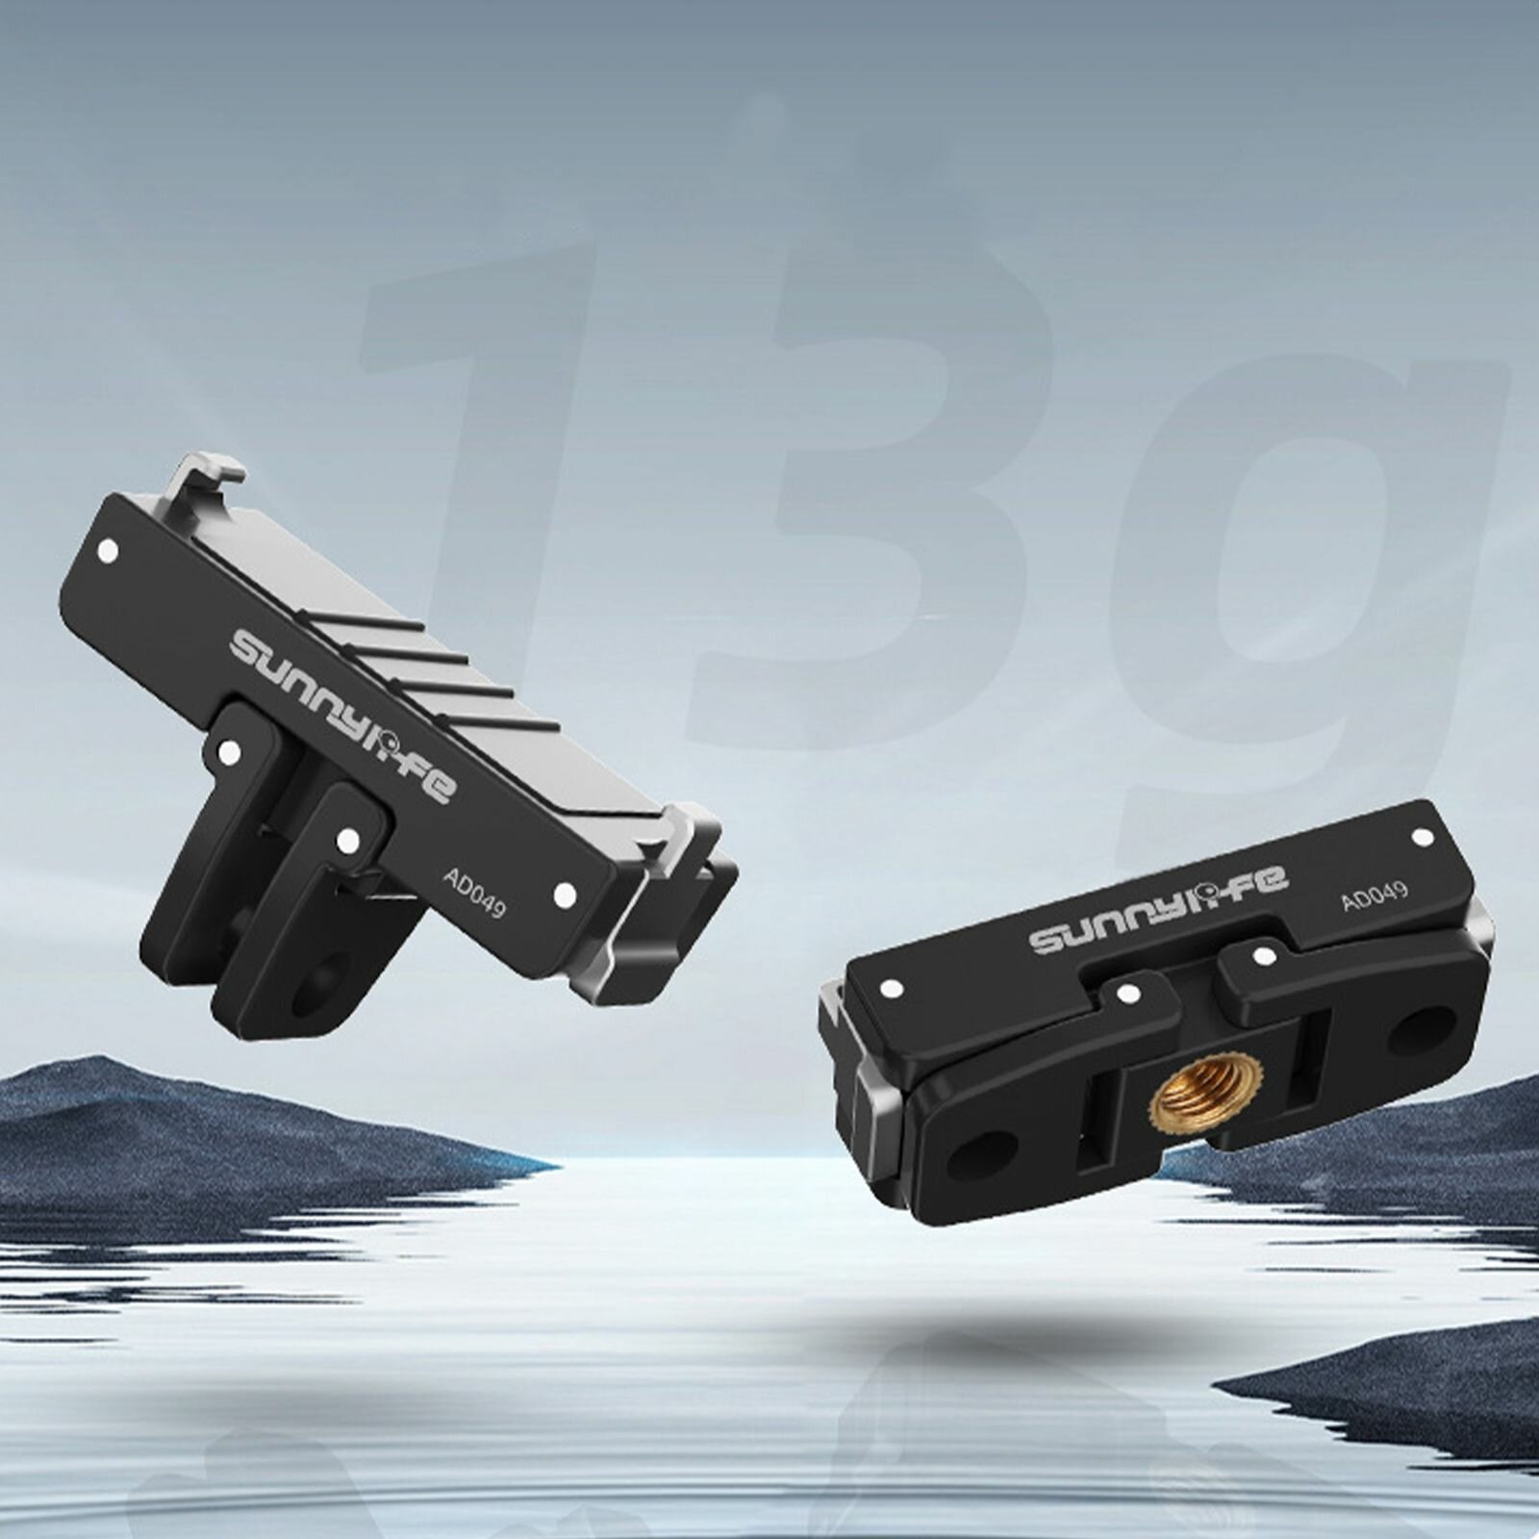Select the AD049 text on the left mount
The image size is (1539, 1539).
pos(474,892)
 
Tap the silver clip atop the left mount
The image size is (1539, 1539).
pos(204,481)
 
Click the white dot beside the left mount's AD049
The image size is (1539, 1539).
pos(565,895)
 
